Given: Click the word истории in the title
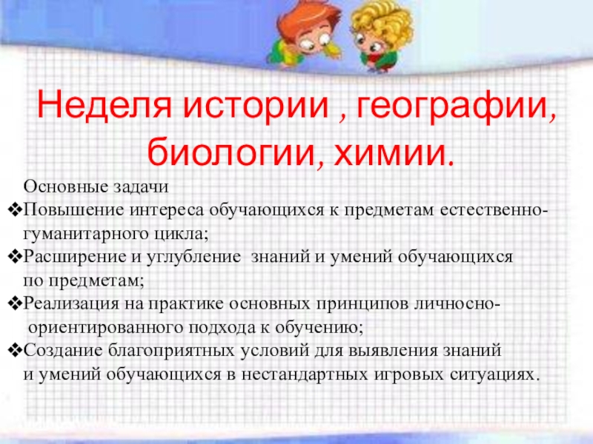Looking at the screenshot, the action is [256, 106].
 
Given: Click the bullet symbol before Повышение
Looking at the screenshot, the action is [14, 211].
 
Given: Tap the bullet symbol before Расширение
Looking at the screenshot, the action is [14, 257].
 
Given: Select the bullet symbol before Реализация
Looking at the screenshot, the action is [14, 304].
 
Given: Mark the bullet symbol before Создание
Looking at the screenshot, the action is [14, 351].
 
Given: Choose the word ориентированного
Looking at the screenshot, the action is [105, 328].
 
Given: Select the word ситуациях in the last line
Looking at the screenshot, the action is [494, 374].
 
